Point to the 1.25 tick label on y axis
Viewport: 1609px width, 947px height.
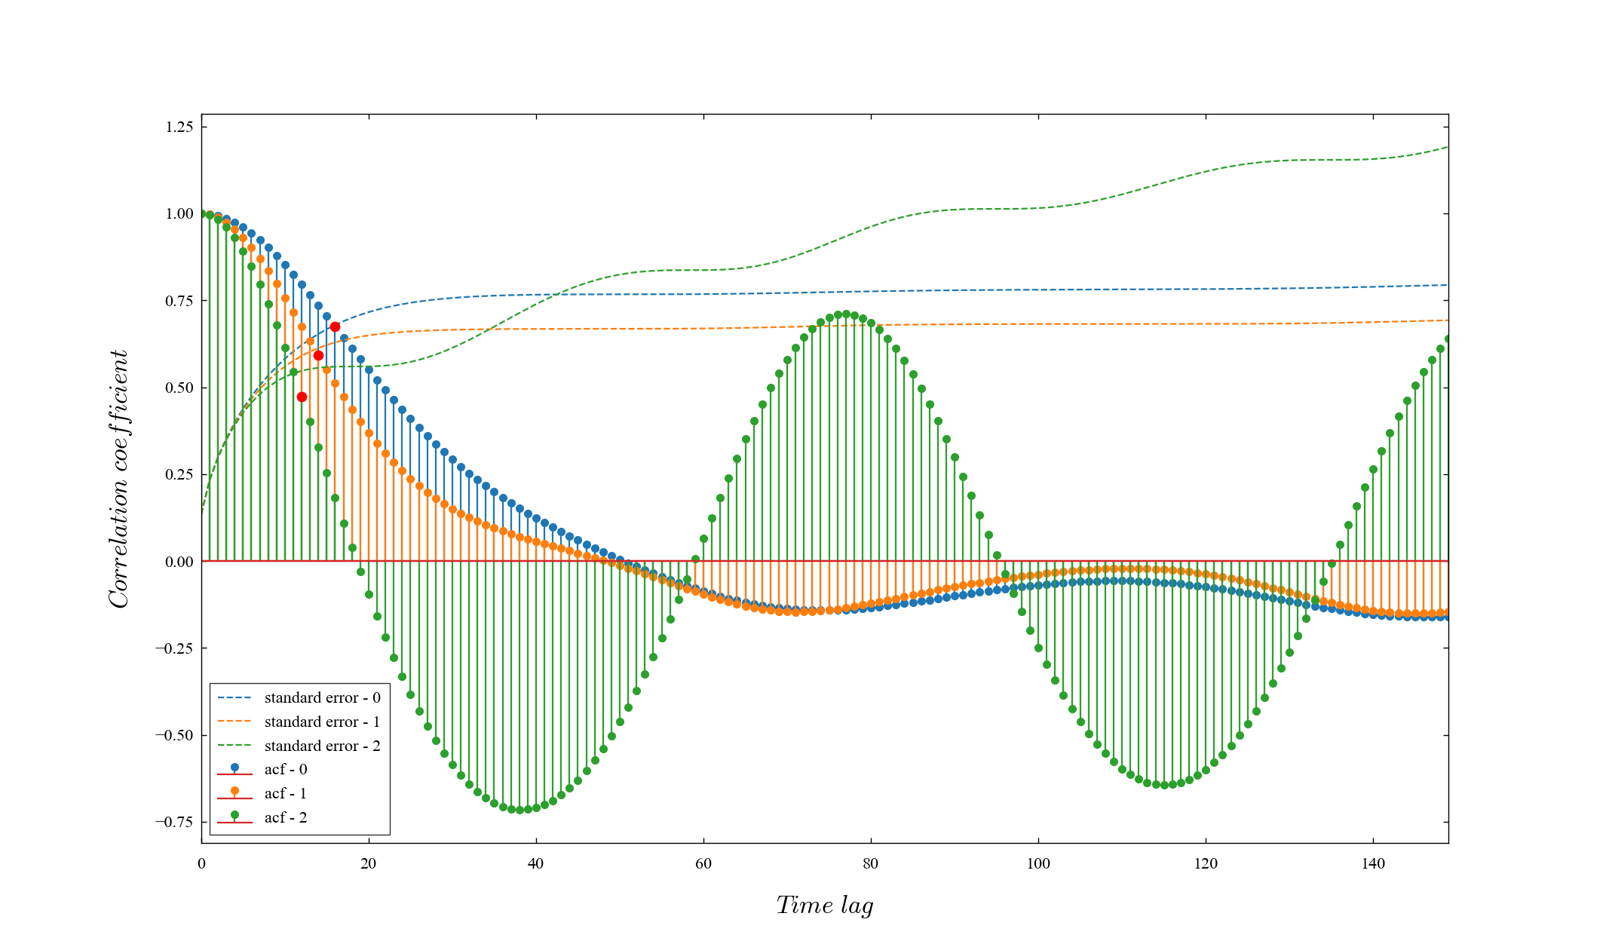tap(179, 127)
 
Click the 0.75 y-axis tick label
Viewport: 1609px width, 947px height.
tap(179, 301)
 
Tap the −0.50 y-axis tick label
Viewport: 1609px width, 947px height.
tap(175, 735)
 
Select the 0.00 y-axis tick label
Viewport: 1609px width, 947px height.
tap(179, 562)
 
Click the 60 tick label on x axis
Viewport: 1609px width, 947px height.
tap(703, 864)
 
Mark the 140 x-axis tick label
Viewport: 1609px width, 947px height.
tap(1373, 864)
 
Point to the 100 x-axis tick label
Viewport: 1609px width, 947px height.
tap(1038, 864)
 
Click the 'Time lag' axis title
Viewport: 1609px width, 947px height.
tap(825, 906)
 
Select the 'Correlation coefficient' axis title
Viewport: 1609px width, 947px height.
tap(119, 479)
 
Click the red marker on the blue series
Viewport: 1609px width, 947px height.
tap(335, 326)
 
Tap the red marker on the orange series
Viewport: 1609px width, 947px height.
tap(318, 355)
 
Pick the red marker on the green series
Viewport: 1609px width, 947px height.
tap(302, 397)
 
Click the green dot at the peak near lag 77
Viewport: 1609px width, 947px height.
tap(846, 314)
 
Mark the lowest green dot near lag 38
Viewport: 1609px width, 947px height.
tap(519, 810)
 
